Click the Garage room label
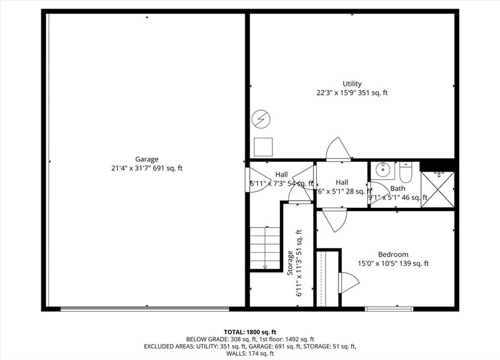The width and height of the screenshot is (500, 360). click(146, 159)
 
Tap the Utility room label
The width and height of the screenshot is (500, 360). click(352, 84)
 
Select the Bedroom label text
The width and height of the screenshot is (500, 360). click(393, 254)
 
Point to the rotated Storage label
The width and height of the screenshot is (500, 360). click(291, 263)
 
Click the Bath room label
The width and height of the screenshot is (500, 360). click(397, 188)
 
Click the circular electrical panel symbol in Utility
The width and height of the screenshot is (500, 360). click(261, 118)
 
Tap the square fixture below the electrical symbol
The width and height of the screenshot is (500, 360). click(263, 147)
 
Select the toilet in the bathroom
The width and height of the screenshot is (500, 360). click(406, 171)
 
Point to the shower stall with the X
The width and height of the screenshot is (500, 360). click(437, 189)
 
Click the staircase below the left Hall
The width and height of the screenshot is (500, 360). click(265, 248)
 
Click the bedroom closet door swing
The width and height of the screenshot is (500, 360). click(349, 282)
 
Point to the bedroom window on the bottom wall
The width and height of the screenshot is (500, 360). click(389, 309)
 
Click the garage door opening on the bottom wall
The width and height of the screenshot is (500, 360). click(145, 308)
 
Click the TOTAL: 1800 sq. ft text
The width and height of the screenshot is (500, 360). click(250, 332)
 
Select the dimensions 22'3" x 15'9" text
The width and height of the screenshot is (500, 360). click(352, 93)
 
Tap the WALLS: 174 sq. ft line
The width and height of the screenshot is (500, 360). click(250, 354)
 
